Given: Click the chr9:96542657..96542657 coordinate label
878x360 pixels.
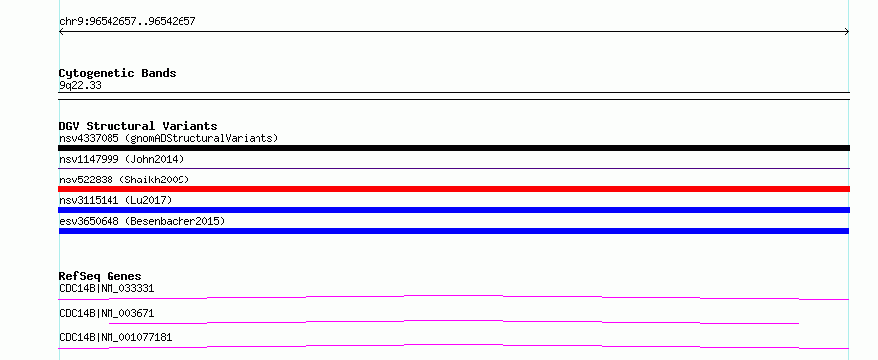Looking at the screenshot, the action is [127, 22].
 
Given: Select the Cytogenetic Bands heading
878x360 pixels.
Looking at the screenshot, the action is [117, 73].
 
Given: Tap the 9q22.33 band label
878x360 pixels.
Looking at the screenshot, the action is [80, 86].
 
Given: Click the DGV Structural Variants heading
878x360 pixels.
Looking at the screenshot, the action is [138, 126].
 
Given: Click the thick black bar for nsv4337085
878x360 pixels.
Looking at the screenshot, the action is [454, 148].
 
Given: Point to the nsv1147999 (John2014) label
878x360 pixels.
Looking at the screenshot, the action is [121, 159].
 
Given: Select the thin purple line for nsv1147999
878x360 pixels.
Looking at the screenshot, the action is [454, 168].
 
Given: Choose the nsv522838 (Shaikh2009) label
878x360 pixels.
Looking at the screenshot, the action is [124, 180].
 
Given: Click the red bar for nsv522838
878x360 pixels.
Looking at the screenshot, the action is [454, 189].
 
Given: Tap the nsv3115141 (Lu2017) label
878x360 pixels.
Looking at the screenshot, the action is [115, 200].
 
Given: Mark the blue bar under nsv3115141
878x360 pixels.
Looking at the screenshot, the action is [454, 210].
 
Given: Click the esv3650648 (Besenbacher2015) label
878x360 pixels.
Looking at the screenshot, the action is [142, 221].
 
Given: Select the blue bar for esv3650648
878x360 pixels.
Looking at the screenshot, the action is [454, 231].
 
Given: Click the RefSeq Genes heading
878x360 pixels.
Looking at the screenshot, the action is [101, 276].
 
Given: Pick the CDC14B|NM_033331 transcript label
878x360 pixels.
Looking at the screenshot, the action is [107, 289].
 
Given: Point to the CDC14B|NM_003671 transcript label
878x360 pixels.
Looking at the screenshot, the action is [107, 313].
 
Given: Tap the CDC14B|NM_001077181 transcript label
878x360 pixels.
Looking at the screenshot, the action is [115, 337].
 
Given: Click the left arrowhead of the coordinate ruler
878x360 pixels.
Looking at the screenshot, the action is [60, 32].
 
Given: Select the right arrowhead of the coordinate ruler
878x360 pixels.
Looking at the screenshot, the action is [848, 32].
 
